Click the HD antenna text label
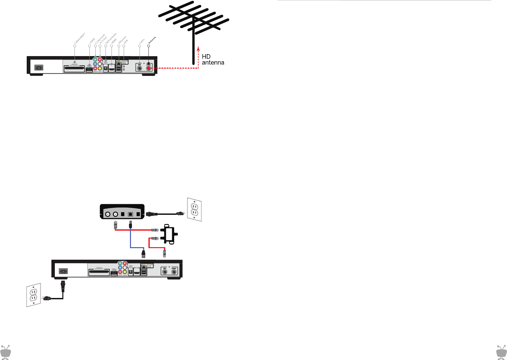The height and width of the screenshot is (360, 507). [213, 60]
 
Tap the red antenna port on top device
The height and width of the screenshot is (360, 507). [149, 68]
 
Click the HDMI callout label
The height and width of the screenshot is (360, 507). [114, 41]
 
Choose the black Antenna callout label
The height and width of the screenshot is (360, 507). [152, 40]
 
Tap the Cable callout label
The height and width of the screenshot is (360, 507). [142, 42]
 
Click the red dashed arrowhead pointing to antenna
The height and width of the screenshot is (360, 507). [198, 49]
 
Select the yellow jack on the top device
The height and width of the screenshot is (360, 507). [100, 68]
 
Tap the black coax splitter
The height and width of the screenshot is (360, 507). [169, 234]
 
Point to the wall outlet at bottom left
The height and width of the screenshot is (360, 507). [34, 295]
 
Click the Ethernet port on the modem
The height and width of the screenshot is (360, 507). [130, 214]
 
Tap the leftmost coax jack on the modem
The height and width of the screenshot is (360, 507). [108, 214]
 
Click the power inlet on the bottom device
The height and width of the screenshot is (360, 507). [63, 272]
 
